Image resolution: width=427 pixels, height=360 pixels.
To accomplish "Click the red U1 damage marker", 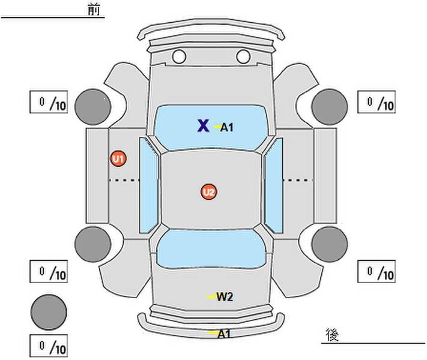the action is coord(118,158).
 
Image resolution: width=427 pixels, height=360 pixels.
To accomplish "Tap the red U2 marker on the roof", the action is coord(209,192).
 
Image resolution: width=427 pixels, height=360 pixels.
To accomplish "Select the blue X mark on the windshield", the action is coord(203,126).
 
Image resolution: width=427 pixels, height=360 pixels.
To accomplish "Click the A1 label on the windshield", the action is coord(227,127).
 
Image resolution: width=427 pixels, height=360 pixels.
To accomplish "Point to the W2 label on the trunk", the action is coord(225,297).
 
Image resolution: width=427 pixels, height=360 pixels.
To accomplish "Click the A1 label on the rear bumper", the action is coord(224,334).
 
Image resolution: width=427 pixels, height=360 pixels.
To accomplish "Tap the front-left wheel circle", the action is coord(93,107).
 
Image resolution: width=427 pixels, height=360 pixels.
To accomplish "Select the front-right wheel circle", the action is coord(330,107).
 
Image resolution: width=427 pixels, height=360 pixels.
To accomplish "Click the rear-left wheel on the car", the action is coord(93,244).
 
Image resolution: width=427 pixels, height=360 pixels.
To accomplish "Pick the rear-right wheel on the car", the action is coord(330,244).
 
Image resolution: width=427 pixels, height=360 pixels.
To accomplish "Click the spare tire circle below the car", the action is coord(49,312).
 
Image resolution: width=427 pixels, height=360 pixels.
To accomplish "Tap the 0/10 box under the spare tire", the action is coord(49,346).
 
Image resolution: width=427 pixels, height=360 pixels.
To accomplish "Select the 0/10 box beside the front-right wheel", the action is coord(377,102).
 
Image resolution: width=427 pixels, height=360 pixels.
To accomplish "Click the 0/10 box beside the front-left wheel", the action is coord(49,102).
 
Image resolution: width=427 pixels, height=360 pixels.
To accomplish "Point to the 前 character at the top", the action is coord(94,10).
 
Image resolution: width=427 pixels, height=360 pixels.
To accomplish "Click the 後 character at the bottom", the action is coord(332,335).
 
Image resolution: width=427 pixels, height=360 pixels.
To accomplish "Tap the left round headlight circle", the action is coord(179,56).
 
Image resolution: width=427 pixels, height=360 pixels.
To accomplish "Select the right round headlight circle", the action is coord(243,56).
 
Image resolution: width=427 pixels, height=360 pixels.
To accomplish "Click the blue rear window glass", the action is coord(211,249).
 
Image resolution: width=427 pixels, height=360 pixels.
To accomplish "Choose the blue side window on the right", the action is coord(274,185).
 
